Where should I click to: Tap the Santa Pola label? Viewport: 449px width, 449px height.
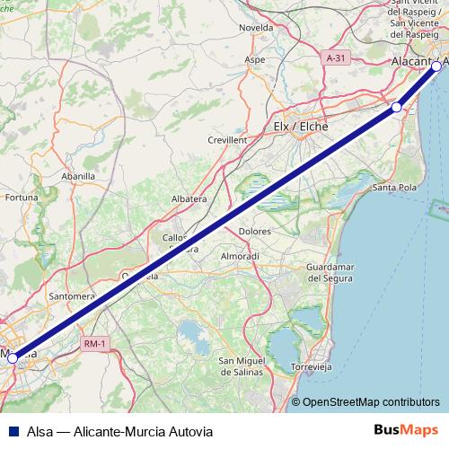tap(392, 188)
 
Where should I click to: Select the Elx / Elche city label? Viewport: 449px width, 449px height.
tap(300, 127)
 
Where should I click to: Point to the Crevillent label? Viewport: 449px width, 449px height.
tap(227, 140)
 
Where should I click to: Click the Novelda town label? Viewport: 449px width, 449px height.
tap(255, 28)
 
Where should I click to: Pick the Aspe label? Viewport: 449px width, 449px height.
tap(255, 59)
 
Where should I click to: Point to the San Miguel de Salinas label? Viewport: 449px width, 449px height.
tap(242, 365)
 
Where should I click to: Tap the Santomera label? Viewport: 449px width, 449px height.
tap(73, 295)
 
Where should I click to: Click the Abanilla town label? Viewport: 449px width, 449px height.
tap(76, 176)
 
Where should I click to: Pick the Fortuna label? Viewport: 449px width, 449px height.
tap(22, 197)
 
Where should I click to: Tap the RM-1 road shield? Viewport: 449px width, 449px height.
tap(92, 344)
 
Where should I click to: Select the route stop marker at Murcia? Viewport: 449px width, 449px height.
tap(13, 357)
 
